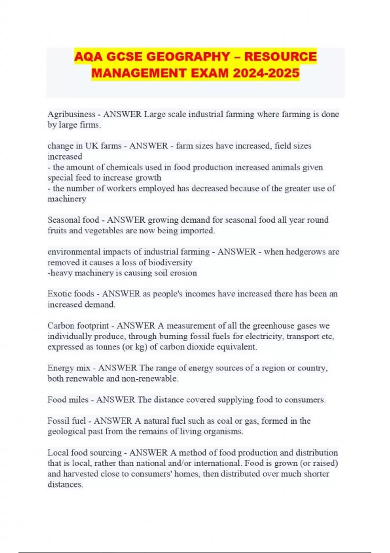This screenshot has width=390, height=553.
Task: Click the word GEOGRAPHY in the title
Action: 188,57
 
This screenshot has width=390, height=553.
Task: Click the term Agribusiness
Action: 71,114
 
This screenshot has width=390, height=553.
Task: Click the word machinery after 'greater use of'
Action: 67,199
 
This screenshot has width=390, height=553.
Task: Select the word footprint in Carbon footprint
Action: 93,326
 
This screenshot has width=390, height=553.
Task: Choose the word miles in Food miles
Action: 78,400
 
